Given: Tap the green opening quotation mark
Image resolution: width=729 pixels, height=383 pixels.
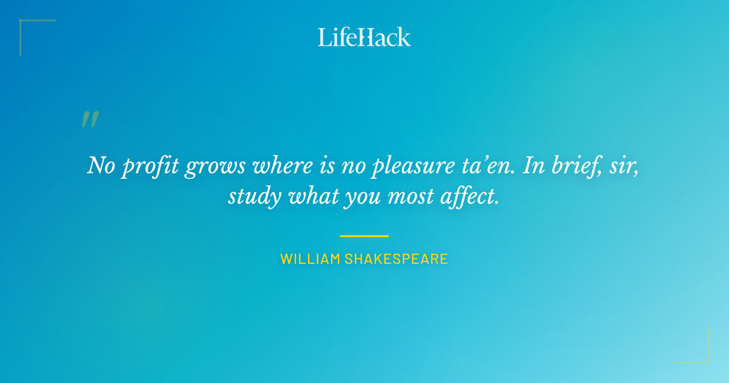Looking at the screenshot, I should pos(90,119).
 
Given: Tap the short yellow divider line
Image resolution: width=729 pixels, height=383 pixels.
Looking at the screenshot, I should pos(364,236).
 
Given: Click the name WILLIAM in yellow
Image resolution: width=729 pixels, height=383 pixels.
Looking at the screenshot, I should pos(310,259).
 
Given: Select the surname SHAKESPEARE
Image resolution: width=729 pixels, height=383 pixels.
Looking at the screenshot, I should pos(396,259).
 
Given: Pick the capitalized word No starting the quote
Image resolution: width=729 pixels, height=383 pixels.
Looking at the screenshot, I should pos(100,165).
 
